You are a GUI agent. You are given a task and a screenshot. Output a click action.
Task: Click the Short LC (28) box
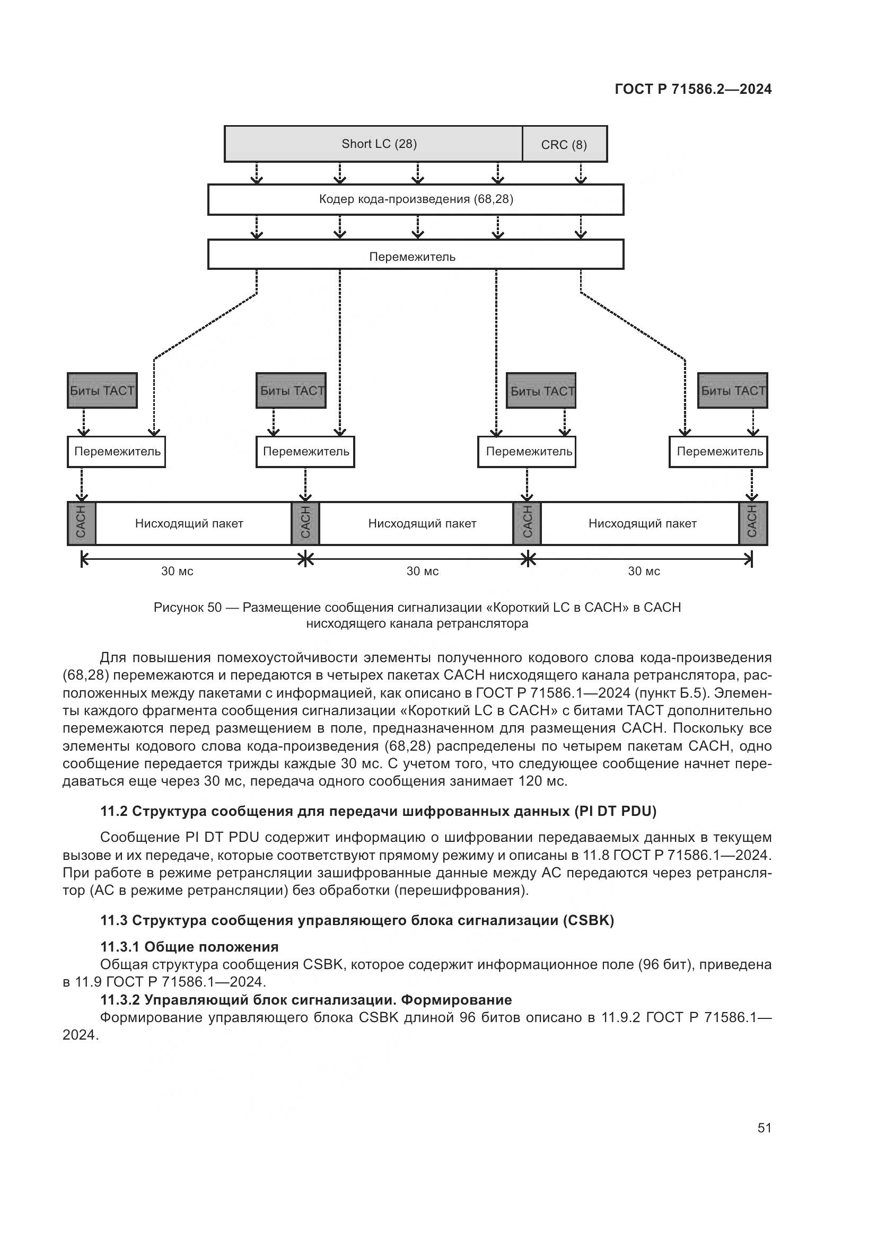[373, 144]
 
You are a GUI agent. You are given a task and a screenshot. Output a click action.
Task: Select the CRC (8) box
[564, 144]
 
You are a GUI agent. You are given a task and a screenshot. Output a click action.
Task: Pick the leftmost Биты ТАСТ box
[102, 391]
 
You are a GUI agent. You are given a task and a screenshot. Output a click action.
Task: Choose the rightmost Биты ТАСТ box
[732, 391]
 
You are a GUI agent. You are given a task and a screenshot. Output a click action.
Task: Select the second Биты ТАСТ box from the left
[291, 391]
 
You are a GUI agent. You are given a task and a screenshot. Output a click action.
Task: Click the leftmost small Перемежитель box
[117, 452]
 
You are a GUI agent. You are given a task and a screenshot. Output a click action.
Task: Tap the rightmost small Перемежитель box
[718, 452]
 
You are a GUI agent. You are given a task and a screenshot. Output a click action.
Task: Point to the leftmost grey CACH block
[81, 523]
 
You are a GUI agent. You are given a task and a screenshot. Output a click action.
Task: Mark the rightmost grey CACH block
[753, 523]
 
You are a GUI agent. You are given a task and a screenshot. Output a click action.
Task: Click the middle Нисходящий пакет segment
[422, 523]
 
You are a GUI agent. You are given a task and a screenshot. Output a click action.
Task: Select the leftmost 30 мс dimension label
[177, 571]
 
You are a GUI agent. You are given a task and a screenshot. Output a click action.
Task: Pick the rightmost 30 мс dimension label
[644, 571]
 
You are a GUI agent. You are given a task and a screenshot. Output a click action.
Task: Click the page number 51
[764, 1128]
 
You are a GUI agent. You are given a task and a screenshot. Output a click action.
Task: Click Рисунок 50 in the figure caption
[187, 608]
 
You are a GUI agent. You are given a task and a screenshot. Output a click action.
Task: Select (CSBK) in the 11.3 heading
[588, 920]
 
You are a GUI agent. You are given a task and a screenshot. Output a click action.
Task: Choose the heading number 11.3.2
[120, 1000]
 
